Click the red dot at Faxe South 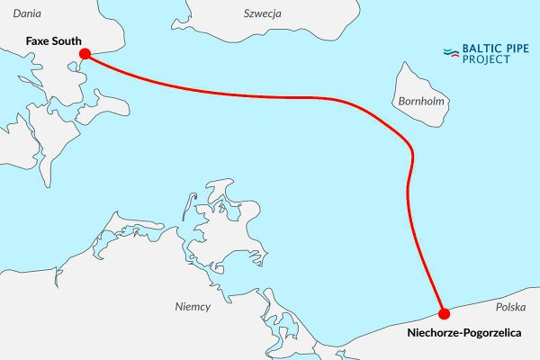[85, 55]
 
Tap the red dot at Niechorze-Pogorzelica [444, 313]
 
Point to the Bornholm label [420, 102]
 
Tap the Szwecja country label [263, 13]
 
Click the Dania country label [29, 13]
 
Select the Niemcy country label [193, 307]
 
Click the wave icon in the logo [453, 53]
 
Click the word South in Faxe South [66, 40]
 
